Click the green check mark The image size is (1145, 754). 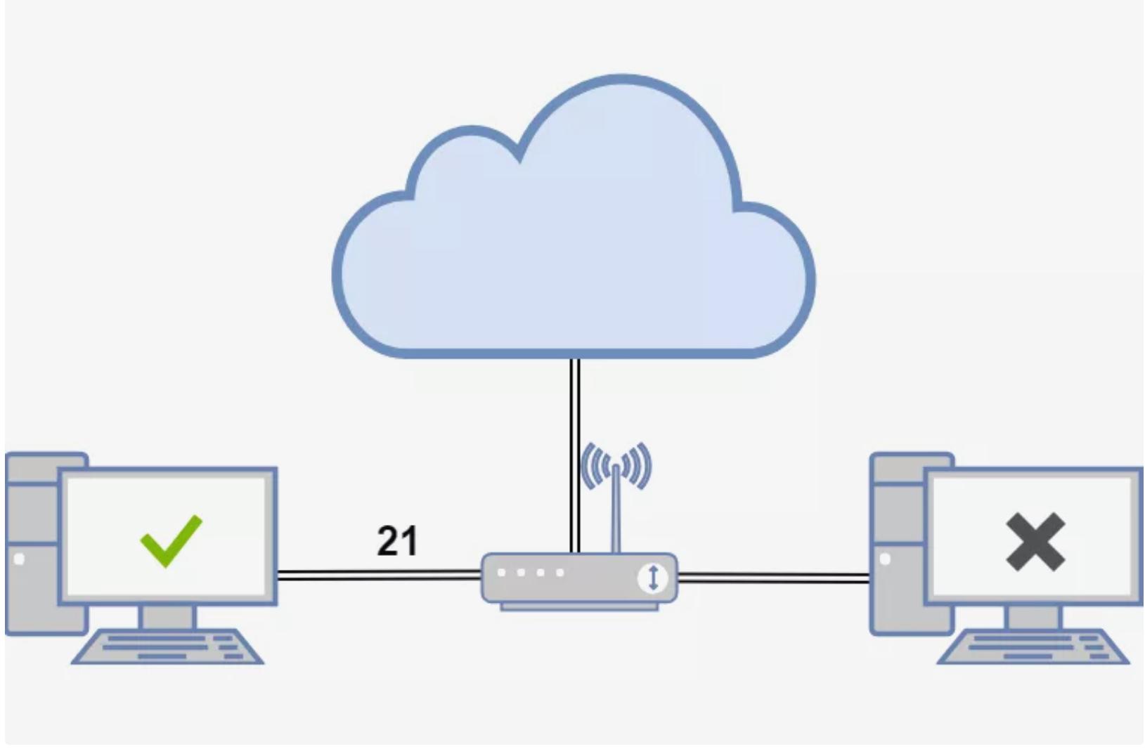point(171,540)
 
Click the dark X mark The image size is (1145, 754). point(1035,541)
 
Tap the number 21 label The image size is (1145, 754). point(397,541)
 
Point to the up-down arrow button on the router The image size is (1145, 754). point(653,578)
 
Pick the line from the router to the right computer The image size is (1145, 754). point(773,578)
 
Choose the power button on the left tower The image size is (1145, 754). point(19,559)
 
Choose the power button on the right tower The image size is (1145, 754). point(885,559)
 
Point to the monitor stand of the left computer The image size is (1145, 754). point(167,617)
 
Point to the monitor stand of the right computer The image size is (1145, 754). point(1033,617)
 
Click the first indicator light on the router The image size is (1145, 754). point(502,573)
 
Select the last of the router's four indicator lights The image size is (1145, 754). point(560,573)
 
